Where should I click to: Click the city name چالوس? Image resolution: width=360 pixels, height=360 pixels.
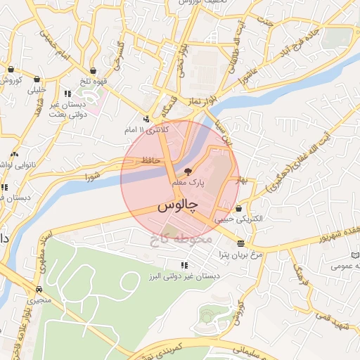click(176, 206)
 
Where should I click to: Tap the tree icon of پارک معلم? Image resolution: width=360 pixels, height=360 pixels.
click(187, 171)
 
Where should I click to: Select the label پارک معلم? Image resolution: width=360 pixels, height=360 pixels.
click(188, 182)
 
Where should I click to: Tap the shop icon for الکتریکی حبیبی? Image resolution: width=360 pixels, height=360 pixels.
click(240, 209)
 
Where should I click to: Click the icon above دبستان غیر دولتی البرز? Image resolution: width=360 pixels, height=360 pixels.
click(184, 265)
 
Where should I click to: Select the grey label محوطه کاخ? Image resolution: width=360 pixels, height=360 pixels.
click(180, 239)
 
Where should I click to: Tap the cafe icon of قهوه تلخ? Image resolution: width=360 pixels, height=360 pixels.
click(92, 69)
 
